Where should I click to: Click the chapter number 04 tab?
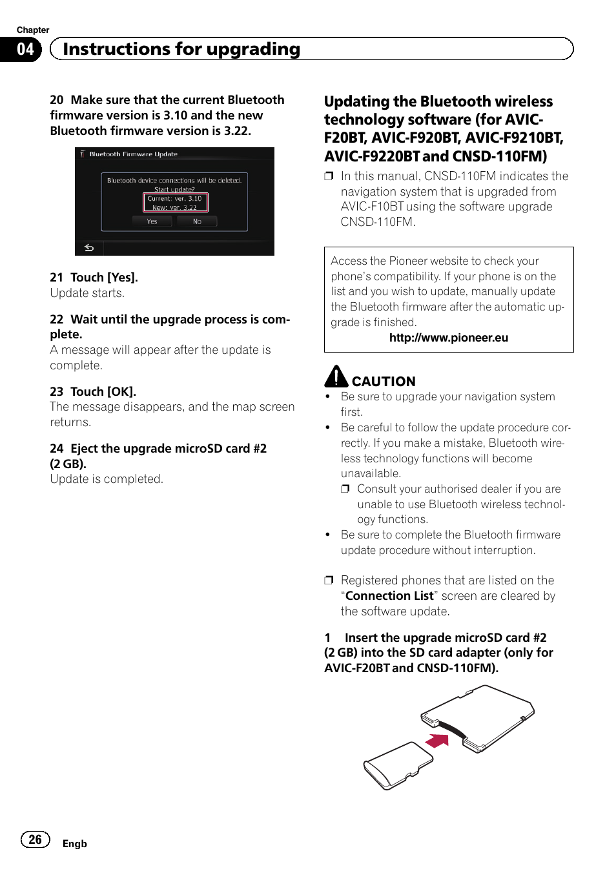tap(25, 49)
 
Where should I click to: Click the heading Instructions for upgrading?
tap(181, 49)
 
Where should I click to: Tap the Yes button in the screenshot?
tap(152, 221)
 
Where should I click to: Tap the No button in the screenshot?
tap(197, 221)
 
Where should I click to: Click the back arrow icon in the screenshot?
tap(89, 248)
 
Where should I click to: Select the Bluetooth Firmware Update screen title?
tap(133, 154)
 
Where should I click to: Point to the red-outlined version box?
tap(175, 203)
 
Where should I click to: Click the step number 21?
tap(56, 278)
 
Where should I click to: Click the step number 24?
tap(56, 449)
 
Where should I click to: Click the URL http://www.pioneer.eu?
tap(448, 338)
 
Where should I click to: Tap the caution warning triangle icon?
tap(336, 376)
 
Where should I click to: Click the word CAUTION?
tap(384, 382)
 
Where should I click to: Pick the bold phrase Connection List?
tap(389, 596)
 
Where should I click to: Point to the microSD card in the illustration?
tap(395, 765)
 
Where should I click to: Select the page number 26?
tap(35, 839)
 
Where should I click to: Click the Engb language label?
tap(74, 844)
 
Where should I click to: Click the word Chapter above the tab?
tap(33, 30)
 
